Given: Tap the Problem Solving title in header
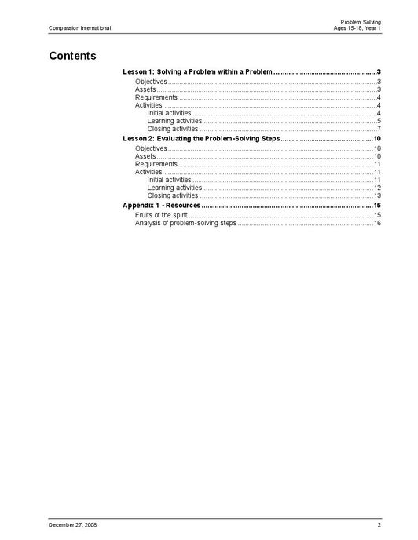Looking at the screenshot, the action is pyautogui.click(x=361, y=21).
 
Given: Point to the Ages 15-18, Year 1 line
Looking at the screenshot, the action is pyautogui.click(x=357, y=28).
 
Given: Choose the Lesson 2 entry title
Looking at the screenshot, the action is pyautogui.click(x=201, y=138).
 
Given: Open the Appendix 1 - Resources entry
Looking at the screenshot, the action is pyautogui.click(x=162, y=205).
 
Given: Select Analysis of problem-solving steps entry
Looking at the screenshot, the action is pyautogui.click(x=185, y=223).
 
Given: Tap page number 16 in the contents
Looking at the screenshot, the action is pyautogui.click(x=377, y=223).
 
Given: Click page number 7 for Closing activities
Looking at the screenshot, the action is pyautogui.click(x=379, y=129).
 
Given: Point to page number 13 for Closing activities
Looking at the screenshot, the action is pyautogui.click(x=377, y=195).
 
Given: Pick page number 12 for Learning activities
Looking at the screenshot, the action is pyautogui.click(x=377, y=188).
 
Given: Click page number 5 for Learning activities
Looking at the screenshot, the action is pyautogui.click(x=379, y=121).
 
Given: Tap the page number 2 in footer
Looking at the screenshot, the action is pyautogui.click(x=379, y=524).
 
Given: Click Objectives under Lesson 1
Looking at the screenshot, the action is pyautogui.click(x=151, y=82).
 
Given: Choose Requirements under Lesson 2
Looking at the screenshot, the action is pyautogui.click(x=156, y=164).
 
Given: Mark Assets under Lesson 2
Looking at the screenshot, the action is pyautogui.click(x=145, y=156).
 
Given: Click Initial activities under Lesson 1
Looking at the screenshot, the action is pyautogui.click(x=169, y=113).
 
